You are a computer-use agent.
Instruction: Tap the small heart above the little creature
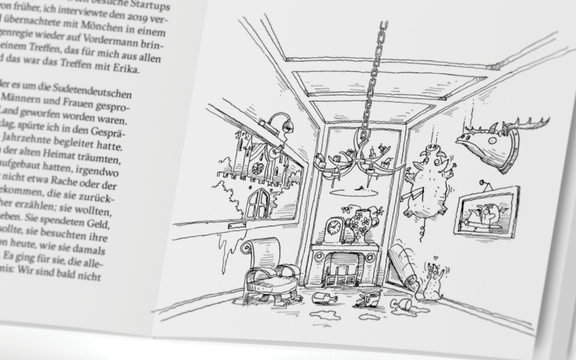coord(435,258)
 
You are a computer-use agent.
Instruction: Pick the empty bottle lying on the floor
coord(325,298)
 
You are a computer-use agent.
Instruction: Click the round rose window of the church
coord(258,168)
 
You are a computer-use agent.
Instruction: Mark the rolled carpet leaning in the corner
coord(402,264)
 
